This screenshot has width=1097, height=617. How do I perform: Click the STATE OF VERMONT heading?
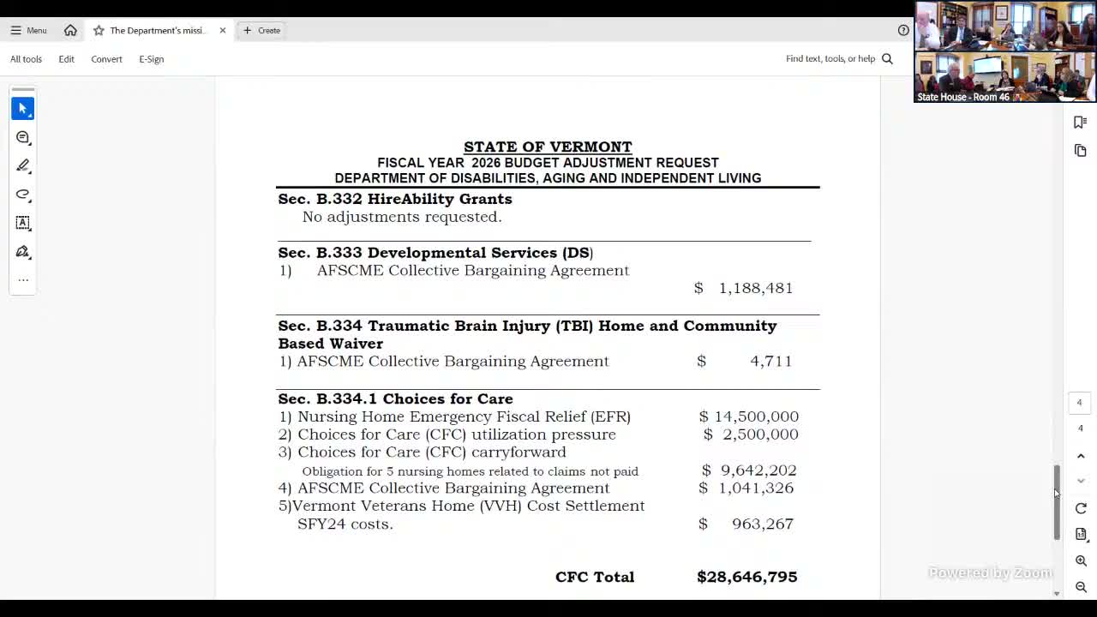click(548, 147)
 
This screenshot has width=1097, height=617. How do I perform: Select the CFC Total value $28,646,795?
click(746, 577)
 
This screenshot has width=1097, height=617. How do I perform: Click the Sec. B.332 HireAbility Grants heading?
click(394, 199)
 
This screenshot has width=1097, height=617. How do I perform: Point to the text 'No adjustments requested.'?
click(402, 217)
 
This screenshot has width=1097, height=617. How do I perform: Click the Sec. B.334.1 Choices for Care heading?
click(395, 398)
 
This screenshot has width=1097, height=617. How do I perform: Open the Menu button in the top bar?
click(28, 30)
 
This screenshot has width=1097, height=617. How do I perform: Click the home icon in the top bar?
click(70, 30)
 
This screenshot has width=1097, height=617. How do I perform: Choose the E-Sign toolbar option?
click(151, 59)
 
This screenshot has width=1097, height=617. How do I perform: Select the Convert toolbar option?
click(106, 59)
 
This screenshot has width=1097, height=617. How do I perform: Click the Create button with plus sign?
click(261, 30)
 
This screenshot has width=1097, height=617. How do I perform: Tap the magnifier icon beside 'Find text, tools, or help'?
click(887, 59)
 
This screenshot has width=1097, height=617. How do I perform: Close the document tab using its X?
click(223, 30)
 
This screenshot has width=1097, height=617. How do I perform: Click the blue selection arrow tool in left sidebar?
click(23, 109)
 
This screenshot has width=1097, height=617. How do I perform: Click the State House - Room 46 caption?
click(962, 97)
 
